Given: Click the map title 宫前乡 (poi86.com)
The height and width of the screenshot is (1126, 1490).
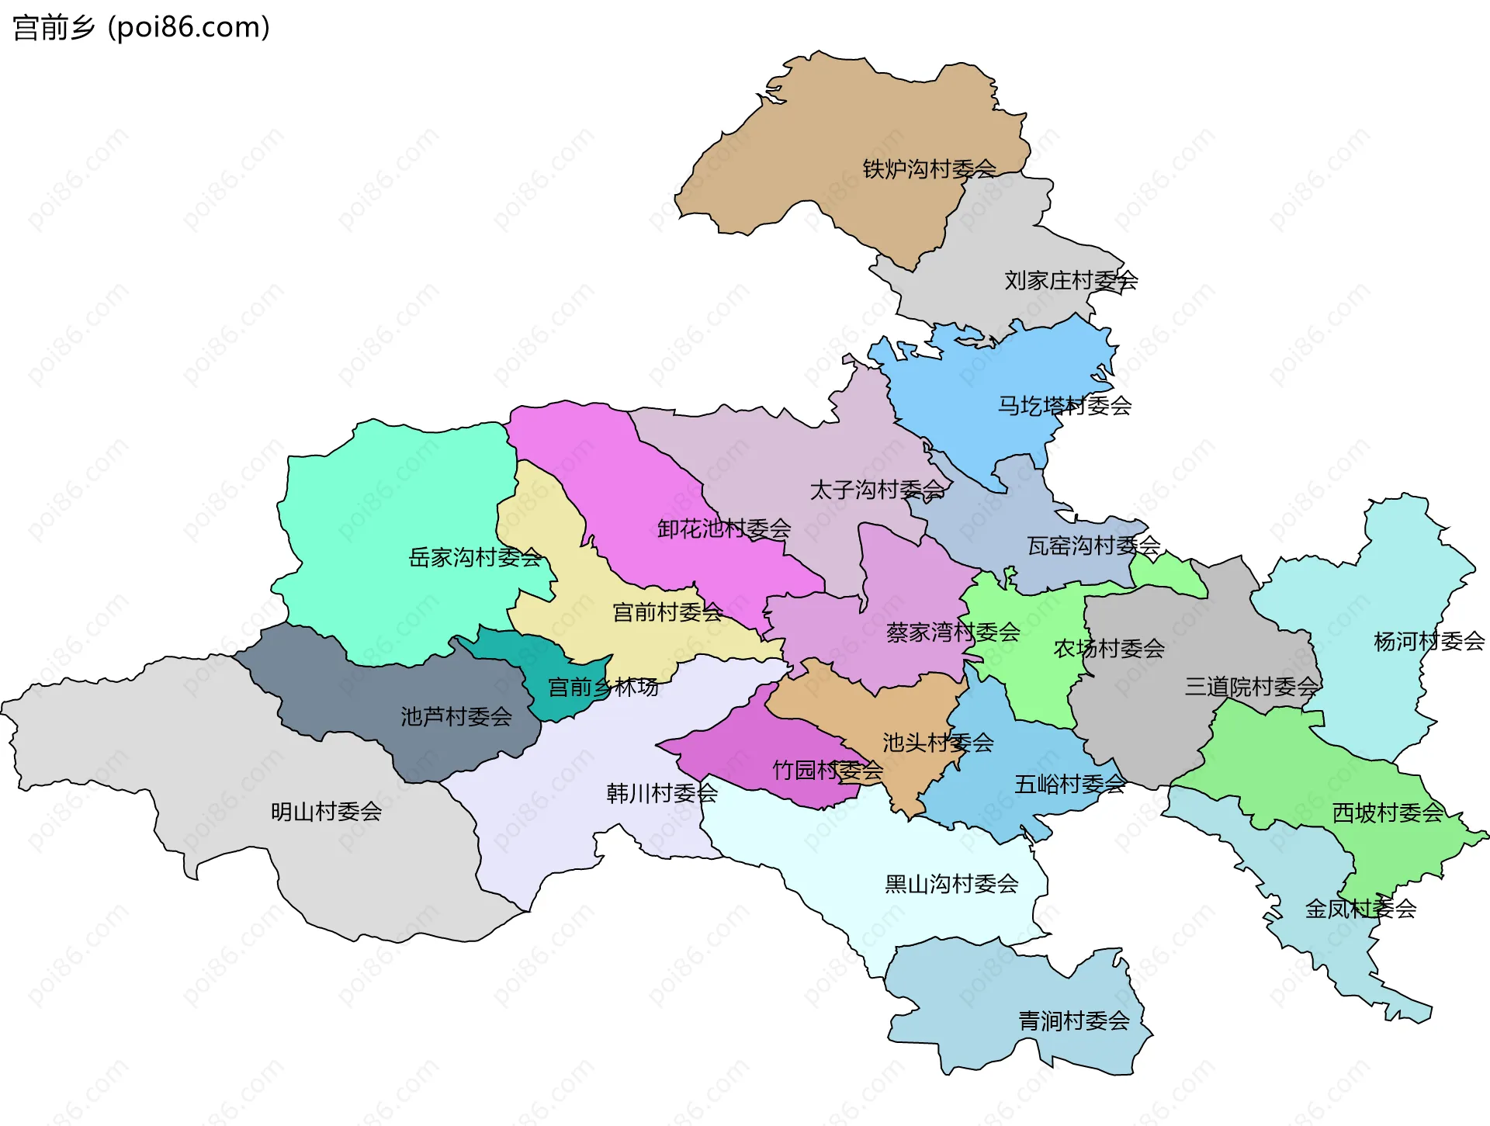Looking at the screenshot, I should click(141, 27).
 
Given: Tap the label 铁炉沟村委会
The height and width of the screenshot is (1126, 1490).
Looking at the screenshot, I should click(929, 168).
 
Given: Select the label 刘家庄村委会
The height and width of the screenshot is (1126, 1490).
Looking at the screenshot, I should click(1071, 280).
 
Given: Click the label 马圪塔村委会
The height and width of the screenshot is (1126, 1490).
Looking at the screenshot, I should click(1064, 405).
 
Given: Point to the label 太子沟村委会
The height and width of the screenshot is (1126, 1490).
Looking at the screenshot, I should click(877, 490).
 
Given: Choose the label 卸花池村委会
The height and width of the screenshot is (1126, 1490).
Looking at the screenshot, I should click(723, 528).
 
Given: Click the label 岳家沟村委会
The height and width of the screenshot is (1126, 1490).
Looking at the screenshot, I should click(475, 557).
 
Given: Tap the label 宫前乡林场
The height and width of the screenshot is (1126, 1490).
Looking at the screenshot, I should click(603, 687).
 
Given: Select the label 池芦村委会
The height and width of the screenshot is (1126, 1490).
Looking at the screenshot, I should click(456, 716).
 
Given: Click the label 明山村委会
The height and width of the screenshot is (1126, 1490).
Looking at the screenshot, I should click(326, 812).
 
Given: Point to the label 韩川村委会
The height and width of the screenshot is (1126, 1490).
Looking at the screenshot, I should click(661, 793).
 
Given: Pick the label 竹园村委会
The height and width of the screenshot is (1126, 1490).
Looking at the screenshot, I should click(827, 770).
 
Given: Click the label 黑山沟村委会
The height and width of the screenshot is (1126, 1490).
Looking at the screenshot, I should click(951, 883).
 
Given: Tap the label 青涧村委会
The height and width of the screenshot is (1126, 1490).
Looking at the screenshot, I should click(1073, 1020).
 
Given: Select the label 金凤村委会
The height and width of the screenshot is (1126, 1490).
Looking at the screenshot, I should click(1360, 908).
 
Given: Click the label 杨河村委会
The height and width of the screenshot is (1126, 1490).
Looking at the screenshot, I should click(1429, 641).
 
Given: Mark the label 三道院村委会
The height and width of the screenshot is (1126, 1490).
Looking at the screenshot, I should click(1251, 686).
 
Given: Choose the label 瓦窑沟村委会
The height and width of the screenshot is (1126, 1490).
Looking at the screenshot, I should click(1093, 546).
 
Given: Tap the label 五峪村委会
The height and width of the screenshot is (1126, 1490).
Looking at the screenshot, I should click(1069, 784).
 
